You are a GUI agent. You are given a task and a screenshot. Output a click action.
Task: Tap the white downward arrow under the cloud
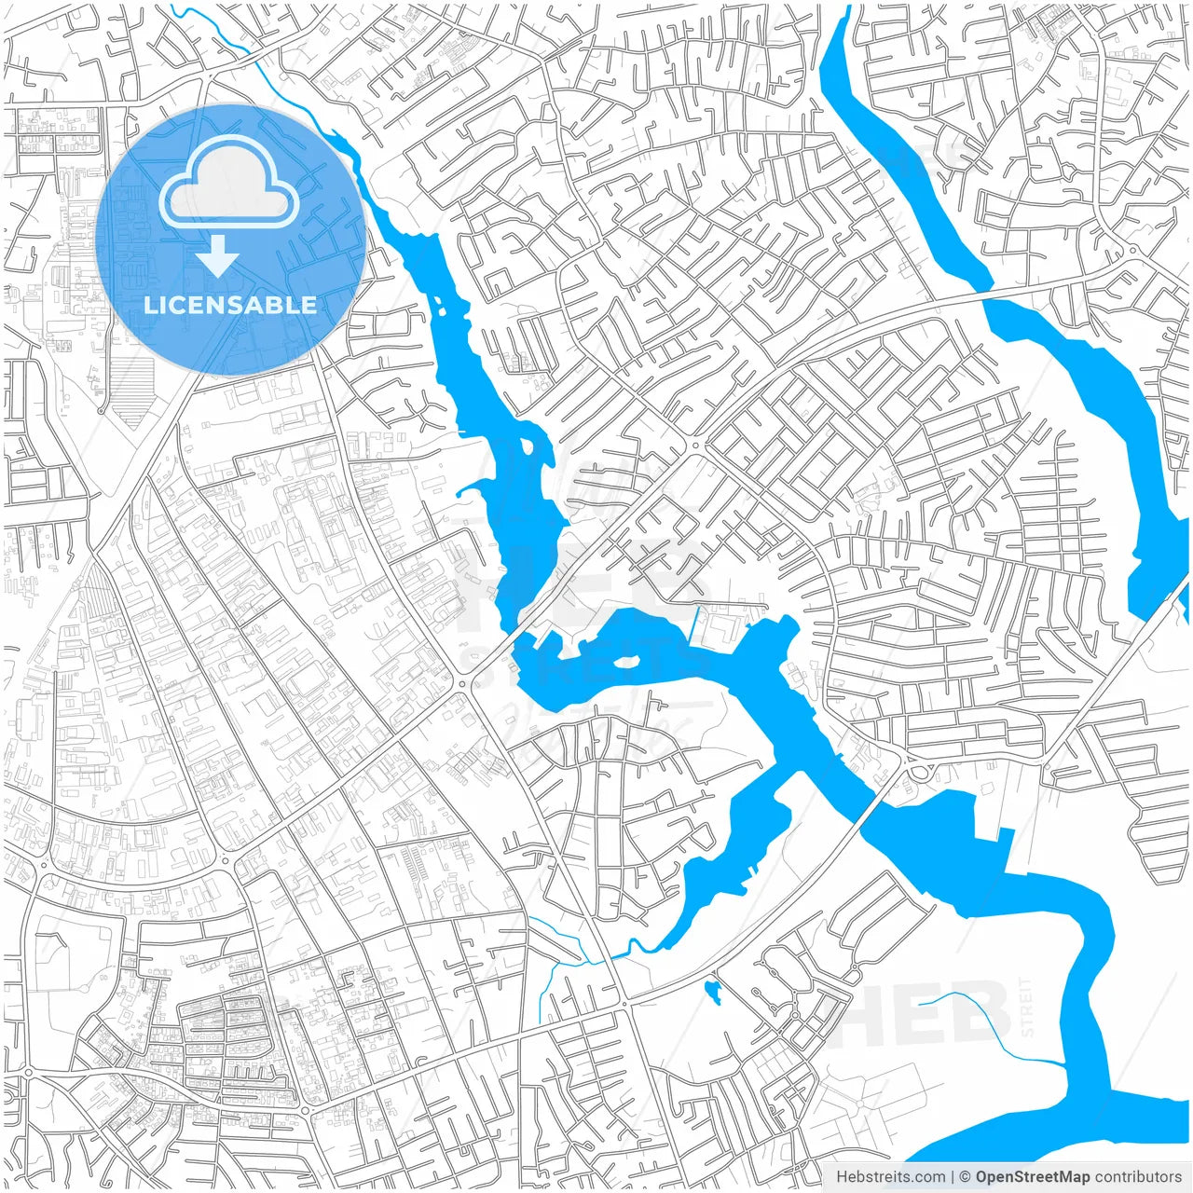point(218,255)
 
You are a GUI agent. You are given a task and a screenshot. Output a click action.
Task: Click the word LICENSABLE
point(230,305)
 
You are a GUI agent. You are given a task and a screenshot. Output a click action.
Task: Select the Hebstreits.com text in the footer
point(890,1177)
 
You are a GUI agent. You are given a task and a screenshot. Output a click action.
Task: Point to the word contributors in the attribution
point(1138,1177)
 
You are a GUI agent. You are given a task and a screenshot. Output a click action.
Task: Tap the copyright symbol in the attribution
point(966,1177)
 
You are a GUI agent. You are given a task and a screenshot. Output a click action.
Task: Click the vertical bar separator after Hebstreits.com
point(953,1177)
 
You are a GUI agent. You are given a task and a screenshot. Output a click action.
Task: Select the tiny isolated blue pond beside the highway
point(714,991)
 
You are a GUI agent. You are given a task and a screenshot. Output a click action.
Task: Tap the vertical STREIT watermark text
point(1027,1007)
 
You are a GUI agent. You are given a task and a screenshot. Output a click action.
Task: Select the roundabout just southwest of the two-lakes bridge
point(463,683)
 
